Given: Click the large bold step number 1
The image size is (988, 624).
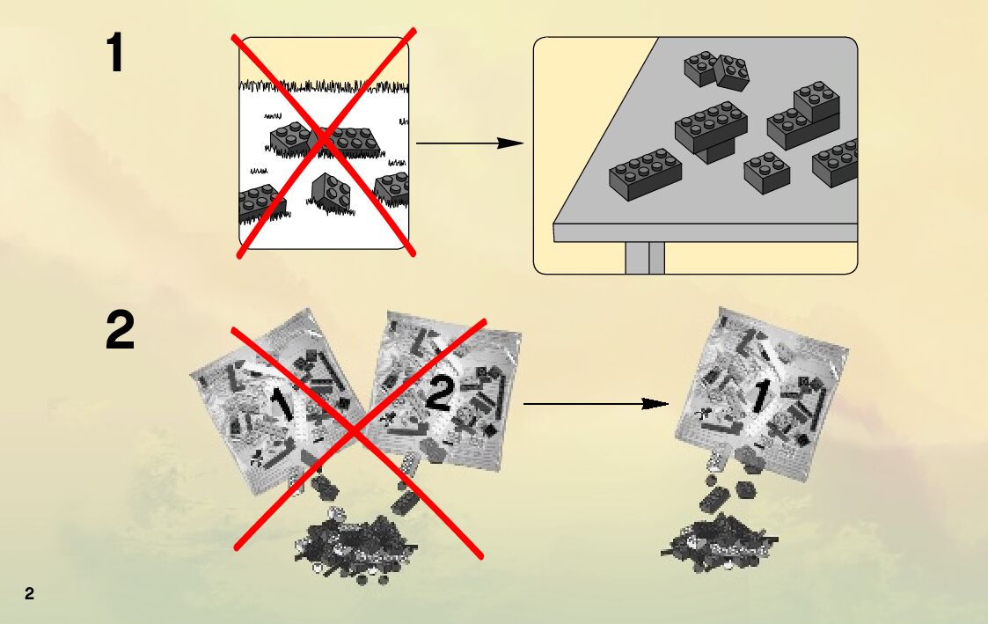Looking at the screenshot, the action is pyautogui.click(x=115, y=54).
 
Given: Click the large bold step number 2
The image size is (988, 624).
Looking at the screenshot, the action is pyautogui.click(x=121, y=332).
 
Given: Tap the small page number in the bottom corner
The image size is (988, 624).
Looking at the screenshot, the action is pyautogui.click(x=29, y=593).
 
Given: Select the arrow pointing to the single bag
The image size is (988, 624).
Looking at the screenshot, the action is pyautogui.click(x=596, y=404).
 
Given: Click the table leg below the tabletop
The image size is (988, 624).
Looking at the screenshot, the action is pyautogui.click(x=645, y=258).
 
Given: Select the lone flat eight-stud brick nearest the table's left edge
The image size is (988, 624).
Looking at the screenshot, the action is pyautogui.click(x=645, y=173).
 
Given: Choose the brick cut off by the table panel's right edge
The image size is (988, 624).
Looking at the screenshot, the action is pyautogui.click(x=837, y=162).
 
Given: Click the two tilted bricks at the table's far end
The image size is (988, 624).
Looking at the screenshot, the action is pyautogui.click(x=718, y=70).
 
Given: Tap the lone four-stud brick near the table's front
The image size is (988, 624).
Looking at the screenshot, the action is pyautogui.click(x=766, y=172).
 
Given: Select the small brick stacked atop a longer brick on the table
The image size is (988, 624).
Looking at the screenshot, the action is pyautogui.click(x=816, y=100).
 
